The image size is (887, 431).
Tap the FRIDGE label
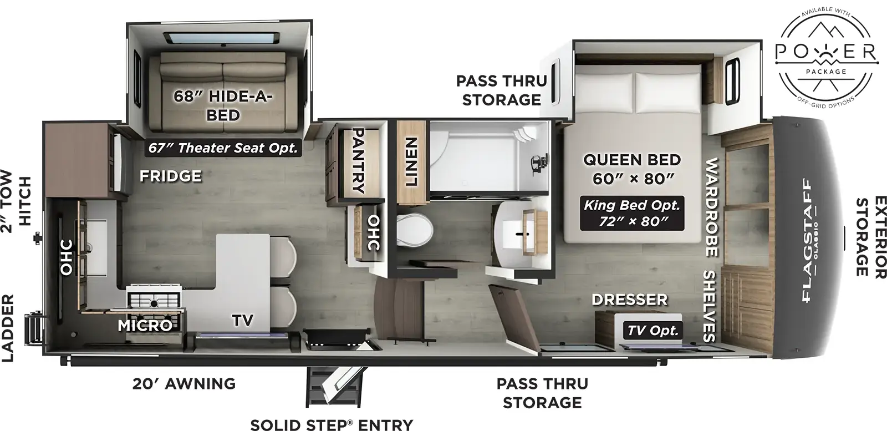(170, 176)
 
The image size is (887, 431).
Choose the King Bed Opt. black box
(631, 214)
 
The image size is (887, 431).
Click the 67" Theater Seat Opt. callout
(223, 148)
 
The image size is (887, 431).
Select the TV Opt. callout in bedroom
(652, 331)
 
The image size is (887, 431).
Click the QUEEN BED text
(631, 160)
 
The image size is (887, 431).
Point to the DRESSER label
(629, 300)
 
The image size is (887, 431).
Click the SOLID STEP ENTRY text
(332, 424)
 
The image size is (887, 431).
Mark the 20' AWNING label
(184, 383)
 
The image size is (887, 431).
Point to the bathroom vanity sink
(524, 233)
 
